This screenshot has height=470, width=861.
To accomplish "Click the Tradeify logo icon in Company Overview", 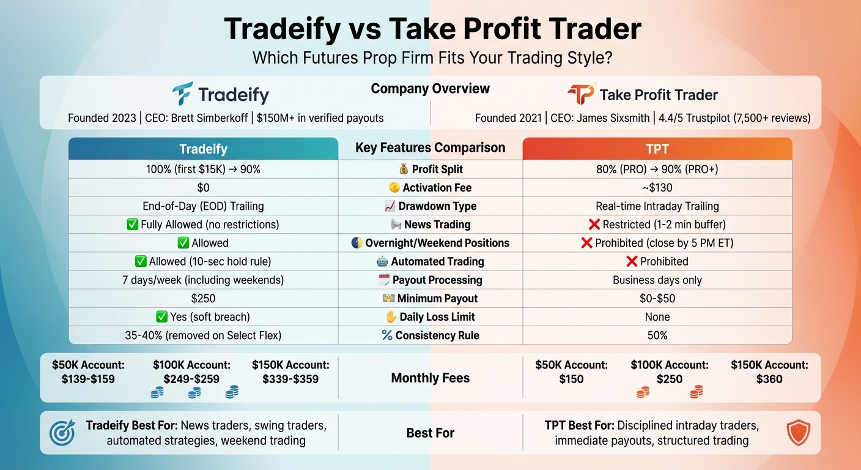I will click(x=182, y=94).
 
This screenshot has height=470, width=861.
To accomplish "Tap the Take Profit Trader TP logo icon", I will click(x=580, y=94).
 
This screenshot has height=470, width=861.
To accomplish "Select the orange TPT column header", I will click(x=657, y=149).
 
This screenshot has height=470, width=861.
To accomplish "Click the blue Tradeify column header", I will click(x=203, y=149).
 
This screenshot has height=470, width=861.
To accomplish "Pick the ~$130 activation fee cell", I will click(x=657, y=188).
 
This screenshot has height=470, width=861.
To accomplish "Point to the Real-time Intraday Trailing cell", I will click(x=657, y=206).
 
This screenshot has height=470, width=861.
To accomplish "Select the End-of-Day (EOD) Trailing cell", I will click(x=203, y=206).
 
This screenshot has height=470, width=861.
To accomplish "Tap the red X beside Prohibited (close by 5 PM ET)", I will click(x=586, y=243).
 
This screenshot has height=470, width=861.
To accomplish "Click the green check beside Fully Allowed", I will click(x=132, y=225).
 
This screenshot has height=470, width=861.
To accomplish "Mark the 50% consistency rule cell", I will click(x=657, y=335).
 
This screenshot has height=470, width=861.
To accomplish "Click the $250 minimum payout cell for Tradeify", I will click(x=203, y=299).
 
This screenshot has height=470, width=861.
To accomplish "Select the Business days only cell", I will click(x=657, y=280).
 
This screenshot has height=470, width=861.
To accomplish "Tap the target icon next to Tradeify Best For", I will click(x=62, y=433).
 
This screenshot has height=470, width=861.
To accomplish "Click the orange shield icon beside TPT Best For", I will click(x=798, y=433).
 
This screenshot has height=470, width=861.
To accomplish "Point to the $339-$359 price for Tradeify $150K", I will click(x=290, y=379).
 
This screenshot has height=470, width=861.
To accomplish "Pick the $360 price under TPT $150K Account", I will click(x=769, y=379).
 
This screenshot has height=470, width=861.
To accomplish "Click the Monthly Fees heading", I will click(x=430, y=378).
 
